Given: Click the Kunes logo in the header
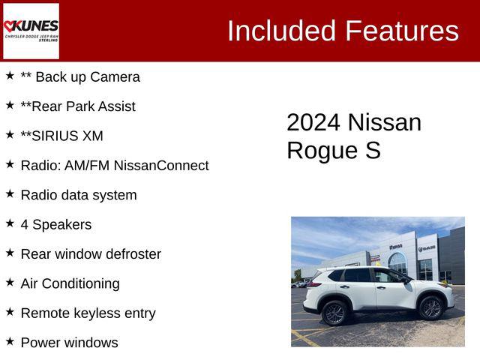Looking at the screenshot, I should point(31,31).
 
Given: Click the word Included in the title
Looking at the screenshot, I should point(281,31).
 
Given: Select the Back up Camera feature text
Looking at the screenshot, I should point(79,76).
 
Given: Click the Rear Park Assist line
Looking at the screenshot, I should point(78,106).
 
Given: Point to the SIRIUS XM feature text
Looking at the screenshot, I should point(61,136).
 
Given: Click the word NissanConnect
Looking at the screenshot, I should point(161,165).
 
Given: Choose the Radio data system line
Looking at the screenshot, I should point(79,195).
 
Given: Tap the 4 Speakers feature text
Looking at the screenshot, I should point(56,224).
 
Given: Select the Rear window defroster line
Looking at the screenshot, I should point(91,253).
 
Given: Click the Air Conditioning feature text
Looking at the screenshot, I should point(70,283).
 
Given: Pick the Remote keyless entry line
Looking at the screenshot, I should point(88,313).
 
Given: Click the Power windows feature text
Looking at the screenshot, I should point(69,343).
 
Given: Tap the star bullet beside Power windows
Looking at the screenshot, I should point(10,341).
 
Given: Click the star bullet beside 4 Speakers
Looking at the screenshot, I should point(10,223).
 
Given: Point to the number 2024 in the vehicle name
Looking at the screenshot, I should point(313,122).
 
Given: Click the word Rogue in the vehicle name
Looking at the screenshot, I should point(322,150).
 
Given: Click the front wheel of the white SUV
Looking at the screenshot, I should point(430,307).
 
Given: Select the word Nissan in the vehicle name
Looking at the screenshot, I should point(385,122).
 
